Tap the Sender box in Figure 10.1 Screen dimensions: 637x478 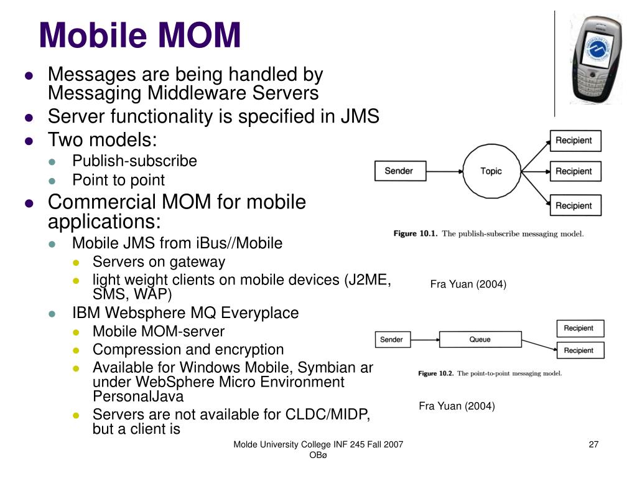[399, 171]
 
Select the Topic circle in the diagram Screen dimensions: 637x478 [491, 171]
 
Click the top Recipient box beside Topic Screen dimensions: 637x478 [574, 141]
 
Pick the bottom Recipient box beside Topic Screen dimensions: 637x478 [574, 205]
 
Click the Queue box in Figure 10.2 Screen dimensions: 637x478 [480, 339]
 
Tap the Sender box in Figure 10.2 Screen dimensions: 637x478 [391, 340]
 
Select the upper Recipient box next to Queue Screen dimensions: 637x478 [579, 328]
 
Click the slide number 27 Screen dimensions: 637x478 [593, 444]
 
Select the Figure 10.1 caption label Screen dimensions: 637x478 [415, 234]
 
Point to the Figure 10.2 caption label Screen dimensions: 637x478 [436, 373]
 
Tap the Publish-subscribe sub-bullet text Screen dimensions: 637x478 [134, 161]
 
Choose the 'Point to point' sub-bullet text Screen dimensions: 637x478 [118, 180]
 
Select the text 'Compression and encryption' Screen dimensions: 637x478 [188, 350]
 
